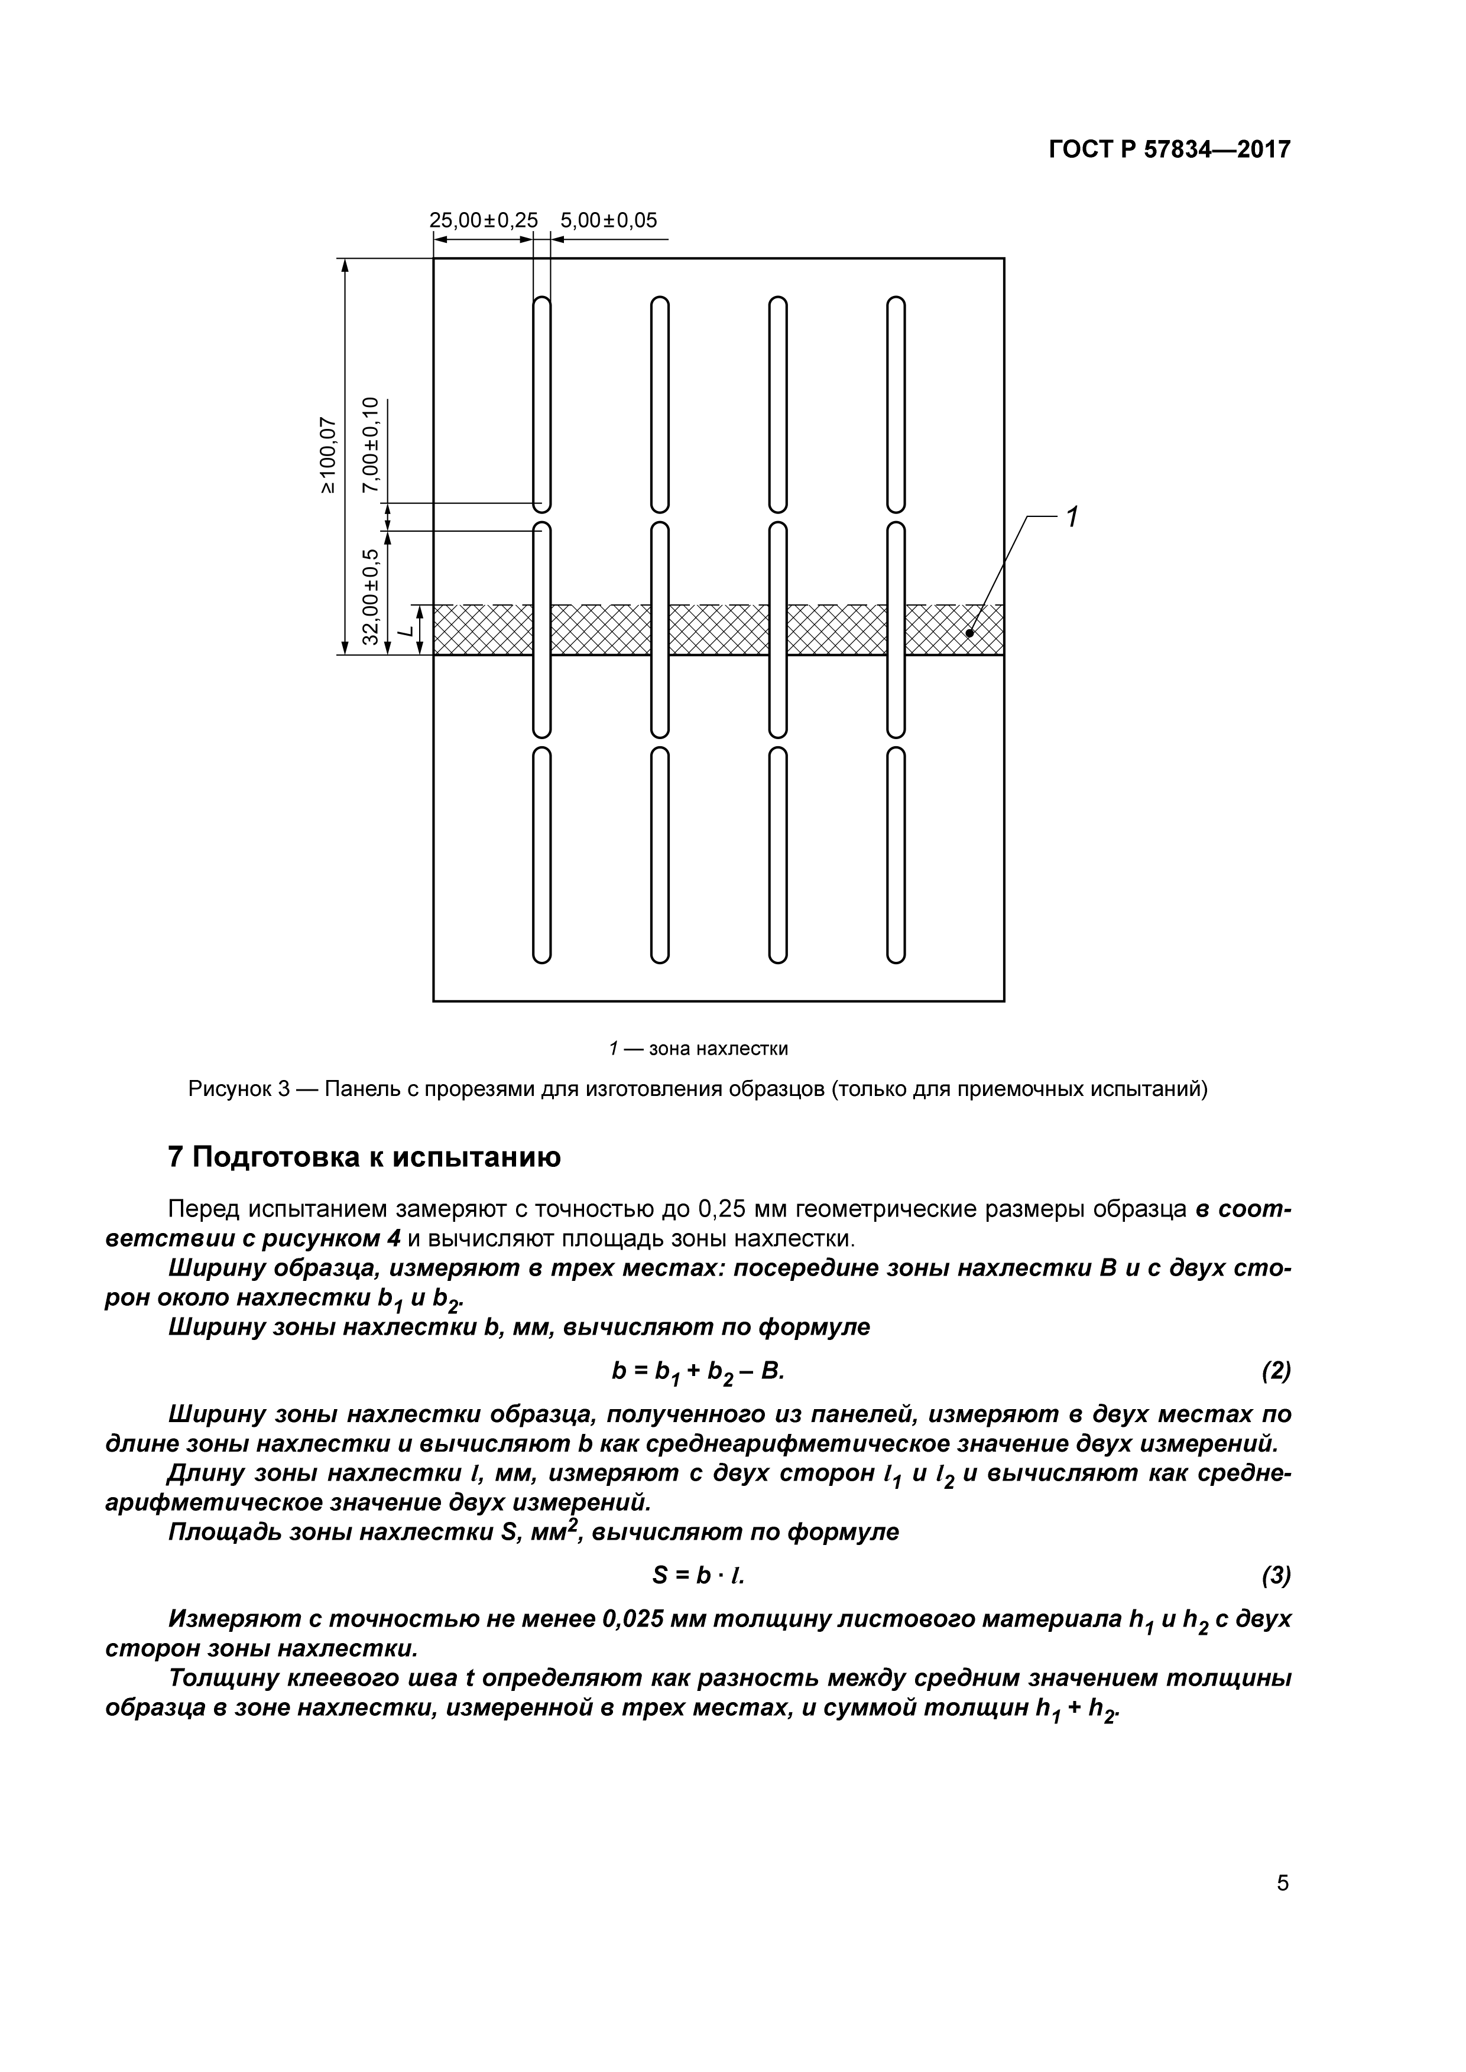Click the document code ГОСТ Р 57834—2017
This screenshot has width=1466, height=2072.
pos(1169,150)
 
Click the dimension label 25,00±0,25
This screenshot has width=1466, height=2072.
pos(483,220)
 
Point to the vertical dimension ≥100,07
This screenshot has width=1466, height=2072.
pos(327,456)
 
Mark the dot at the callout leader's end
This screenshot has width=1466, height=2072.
pos(969,633)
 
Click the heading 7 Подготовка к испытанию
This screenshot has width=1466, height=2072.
pos(364,1158)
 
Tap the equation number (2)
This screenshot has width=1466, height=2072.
pos(1276,1372)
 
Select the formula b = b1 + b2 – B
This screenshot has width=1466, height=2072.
pos(697,1372)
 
